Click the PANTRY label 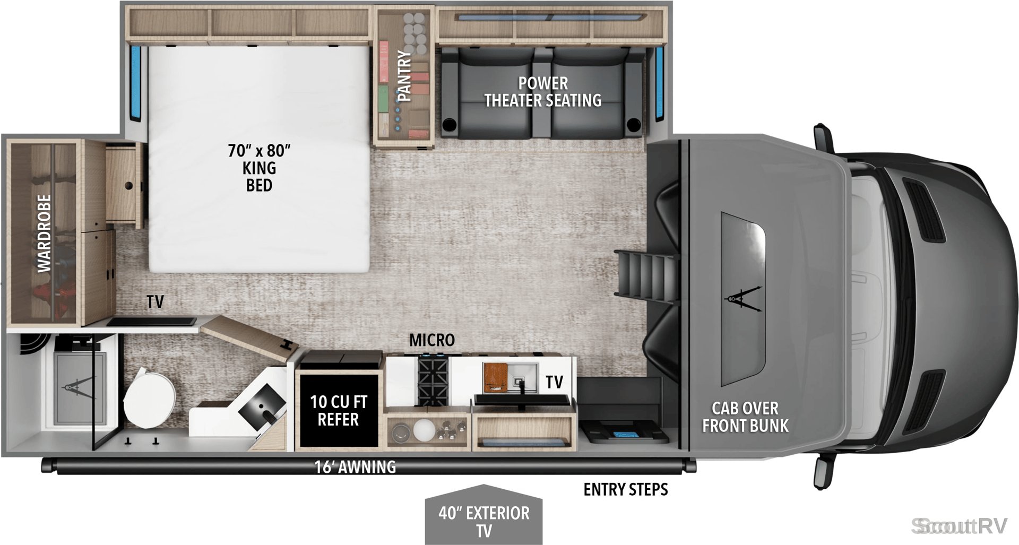404,76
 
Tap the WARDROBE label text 44,233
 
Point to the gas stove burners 433,380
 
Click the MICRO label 432,340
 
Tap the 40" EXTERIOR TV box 483,515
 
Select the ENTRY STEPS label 626,489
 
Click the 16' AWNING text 355,467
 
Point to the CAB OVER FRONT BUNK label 745,417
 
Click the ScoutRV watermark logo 959,526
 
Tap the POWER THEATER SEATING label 543,92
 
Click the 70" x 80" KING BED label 260,168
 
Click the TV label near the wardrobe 156,302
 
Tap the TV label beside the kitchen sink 555,382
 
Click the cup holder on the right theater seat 634,125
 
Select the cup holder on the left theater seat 449,125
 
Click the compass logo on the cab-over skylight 743,298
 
